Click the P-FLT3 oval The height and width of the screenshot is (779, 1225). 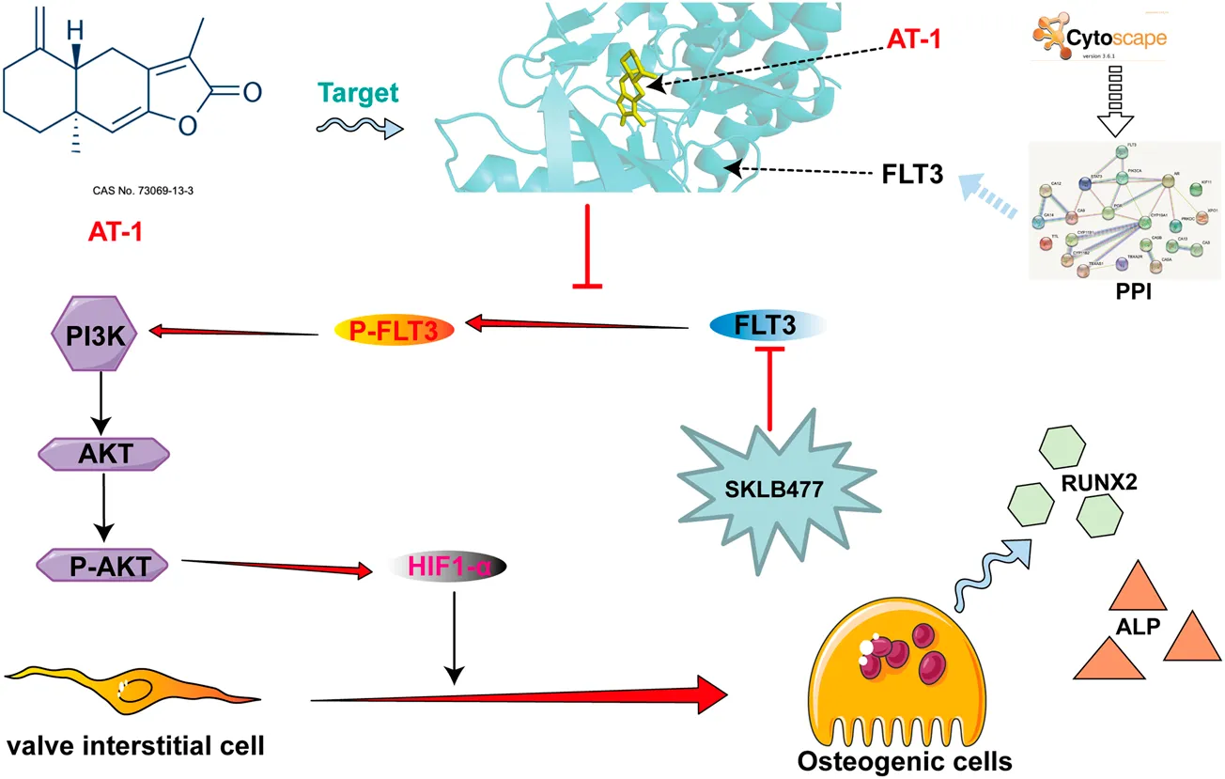(395, 328)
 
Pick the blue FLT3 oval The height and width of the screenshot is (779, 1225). (768, 324)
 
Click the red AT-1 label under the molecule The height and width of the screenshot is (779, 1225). (110, 230)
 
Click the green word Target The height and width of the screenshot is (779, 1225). (357, 92)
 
